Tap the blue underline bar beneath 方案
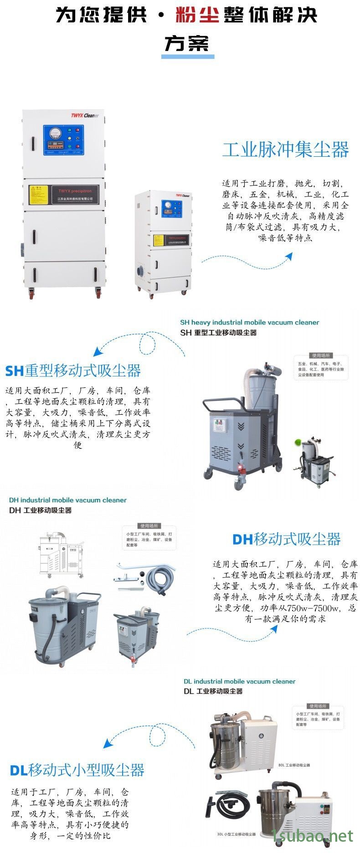click(x=187, y=57)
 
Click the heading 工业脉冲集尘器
click(x=285, y=150)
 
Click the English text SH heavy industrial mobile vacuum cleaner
click(x=249, y=322)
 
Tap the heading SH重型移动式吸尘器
click(x=73, y=370)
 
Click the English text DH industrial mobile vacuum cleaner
click(x=67, y=500)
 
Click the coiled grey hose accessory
click(x=159, y=579)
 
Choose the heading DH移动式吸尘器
click(x=286, y=539)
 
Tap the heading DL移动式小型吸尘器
click(x=77, y=770)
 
